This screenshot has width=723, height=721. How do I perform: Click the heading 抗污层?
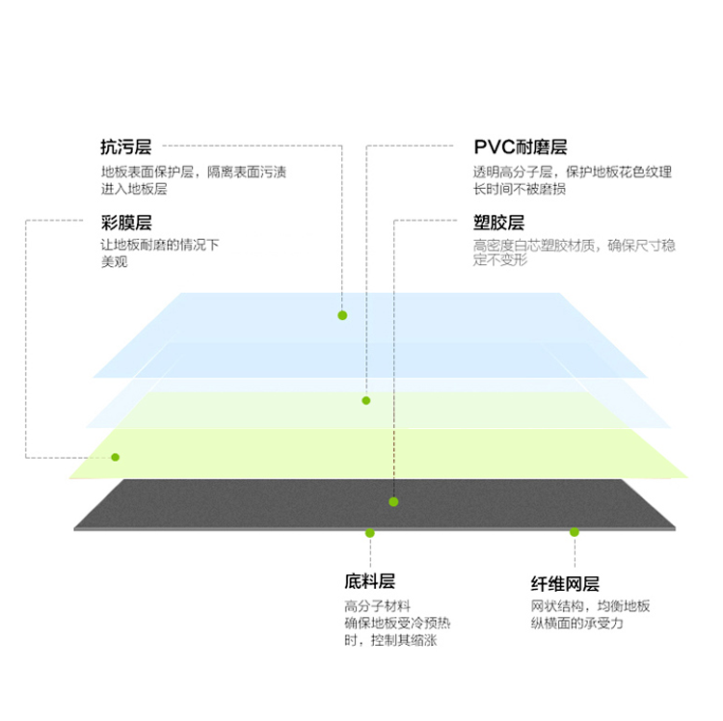pos(126,147)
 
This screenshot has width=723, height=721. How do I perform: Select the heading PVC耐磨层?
pos(521,147)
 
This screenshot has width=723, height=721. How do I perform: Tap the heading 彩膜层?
pos(126,223)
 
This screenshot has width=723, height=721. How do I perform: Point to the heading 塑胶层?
pos(499,223)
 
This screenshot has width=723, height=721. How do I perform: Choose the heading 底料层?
pos(370,581)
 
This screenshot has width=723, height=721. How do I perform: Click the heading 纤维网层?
pos(565,583)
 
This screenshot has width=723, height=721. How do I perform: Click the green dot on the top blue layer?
pos(342,315)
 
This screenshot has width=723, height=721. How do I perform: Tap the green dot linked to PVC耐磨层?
pos(366,401)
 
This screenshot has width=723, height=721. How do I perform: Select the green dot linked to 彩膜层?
pos(116,457)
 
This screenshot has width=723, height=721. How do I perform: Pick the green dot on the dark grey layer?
pos(393,501)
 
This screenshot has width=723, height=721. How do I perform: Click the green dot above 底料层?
pos(370,533)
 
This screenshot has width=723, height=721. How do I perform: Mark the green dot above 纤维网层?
pos(575,532)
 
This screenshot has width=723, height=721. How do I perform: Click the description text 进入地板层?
pos(134,189)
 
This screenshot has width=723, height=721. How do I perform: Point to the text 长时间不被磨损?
pos(520,189)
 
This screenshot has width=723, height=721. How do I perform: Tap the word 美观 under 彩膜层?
pos(115,262)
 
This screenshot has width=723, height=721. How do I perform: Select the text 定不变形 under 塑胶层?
pos(500,260)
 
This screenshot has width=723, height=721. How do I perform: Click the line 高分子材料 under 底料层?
pos(378,605)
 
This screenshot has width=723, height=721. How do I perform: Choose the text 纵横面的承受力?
pos(576,624)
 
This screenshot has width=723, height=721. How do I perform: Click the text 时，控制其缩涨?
pos(390,640)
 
